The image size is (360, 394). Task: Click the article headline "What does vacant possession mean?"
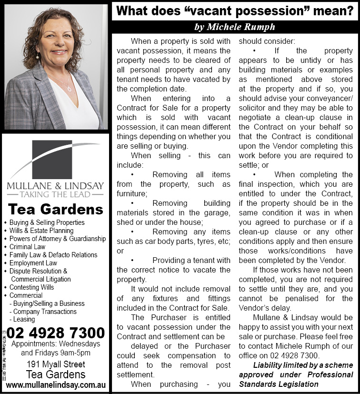235,10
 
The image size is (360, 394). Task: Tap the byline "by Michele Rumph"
235,27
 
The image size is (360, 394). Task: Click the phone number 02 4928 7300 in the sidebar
56,333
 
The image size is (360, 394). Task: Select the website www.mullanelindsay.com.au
55,384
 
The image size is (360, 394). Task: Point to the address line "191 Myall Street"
55,364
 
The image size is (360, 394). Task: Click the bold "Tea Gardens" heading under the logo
56,209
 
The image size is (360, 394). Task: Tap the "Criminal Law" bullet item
27,247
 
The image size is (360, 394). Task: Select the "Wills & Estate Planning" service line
41,231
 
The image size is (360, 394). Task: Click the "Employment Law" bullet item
33,263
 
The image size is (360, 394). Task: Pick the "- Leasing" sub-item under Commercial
24,320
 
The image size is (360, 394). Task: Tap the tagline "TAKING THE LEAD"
55,194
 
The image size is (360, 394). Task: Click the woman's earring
38,57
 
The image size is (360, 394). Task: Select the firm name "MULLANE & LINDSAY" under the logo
55,185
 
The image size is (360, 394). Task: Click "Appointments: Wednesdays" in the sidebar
56,344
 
